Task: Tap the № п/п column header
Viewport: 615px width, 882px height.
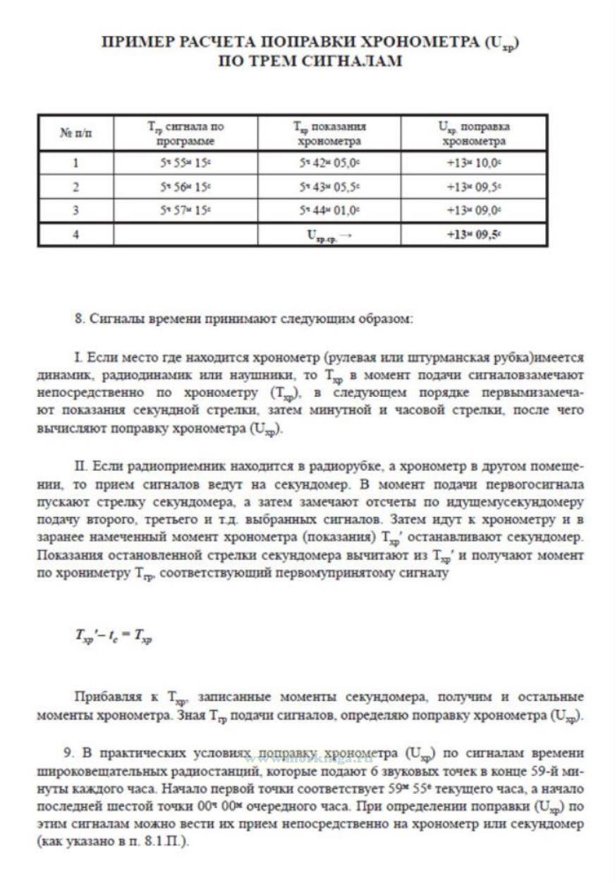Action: (75, 133)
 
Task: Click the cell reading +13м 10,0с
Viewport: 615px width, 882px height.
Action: (473, 163)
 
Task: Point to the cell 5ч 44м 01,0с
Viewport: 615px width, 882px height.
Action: (329, 210)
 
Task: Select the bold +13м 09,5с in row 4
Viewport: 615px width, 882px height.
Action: (473, 235)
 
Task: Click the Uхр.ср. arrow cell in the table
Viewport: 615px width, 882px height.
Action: (329, 235)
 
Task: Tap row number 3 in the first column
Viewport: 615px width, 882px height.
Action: (75, 210)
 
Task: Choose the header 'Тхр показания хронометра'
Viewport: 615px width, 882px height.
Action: (329, 133)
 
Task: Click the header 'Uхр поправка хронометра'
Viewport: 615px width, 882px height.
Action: (473, 133)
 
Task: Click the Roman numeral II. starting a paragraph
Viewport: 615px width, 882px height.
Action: (80, 467)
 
